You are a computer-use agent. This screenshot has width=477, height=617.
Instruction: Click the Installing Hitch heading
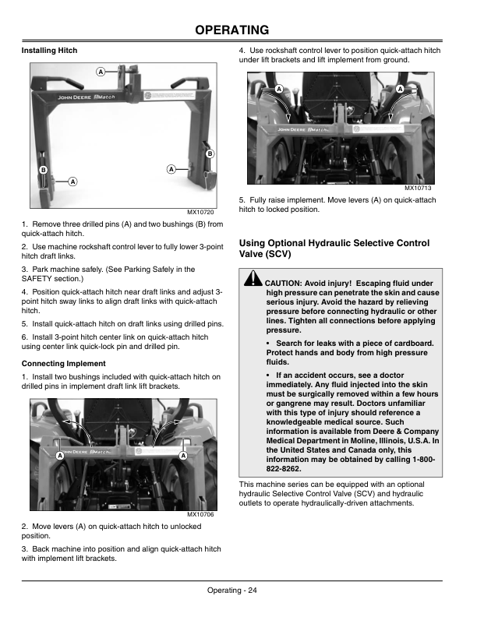[49, 51]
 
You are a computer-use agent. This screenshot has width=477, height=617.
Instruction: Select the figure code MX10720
[200, 212]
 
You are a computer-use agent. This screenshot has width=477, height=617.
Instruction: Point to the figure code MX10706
[200, 515]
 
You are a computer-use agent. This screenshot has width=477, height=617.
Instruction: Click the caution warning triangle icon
[253, 278]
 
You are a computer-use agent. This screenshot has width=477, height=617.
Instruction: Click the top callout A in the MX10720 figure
[101, 72]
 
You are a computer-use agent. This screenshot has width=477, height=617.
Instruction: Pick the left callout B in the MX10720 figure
[44, 170]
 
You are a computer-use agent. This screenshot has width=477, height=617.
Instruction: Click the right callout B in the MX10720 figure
[210, 153]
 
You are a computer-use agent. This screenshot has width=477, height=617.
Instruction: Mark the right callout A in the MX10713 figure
[400, 90]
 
